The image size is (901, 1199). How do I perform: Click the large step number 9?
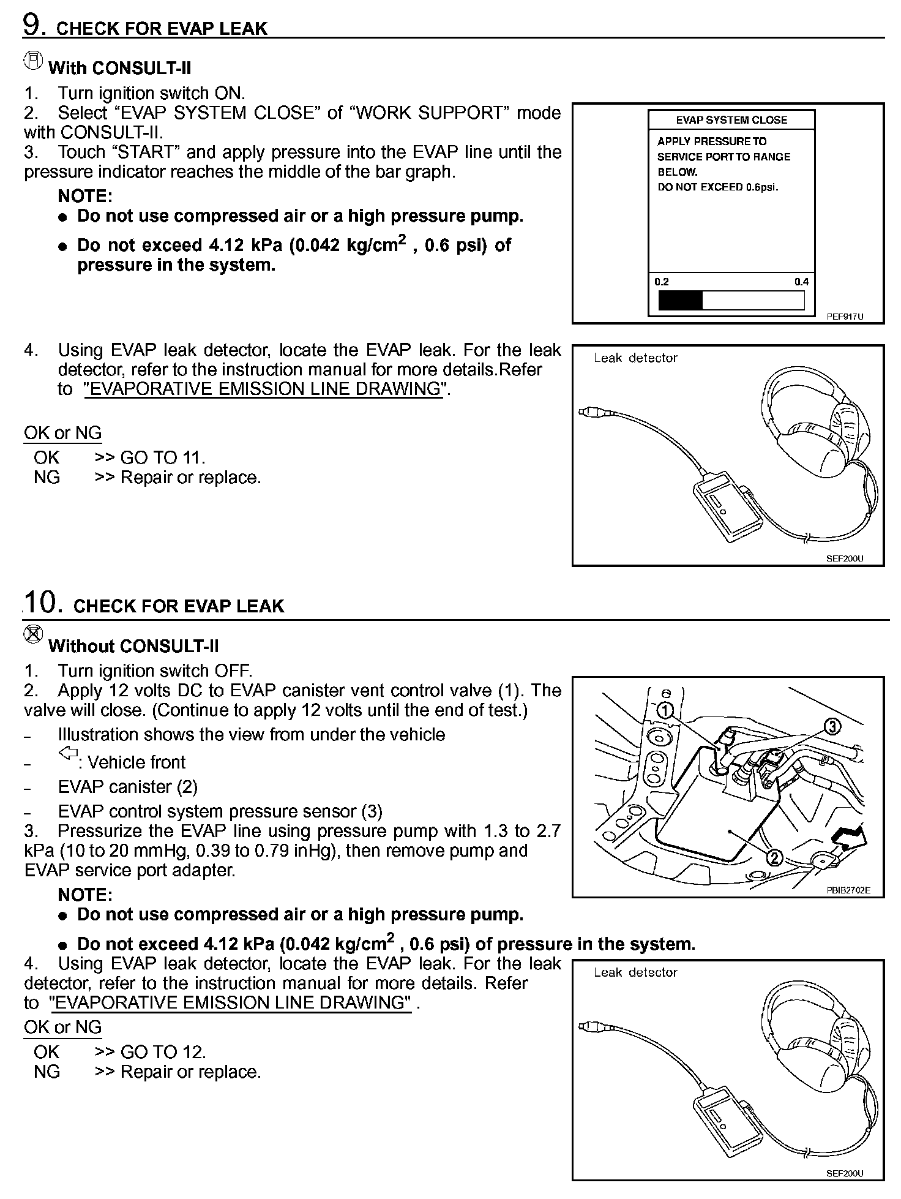click(x=32, y=25)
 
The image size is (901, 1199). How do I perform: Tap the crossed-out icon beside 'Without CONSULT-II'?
click(x=33, y=635)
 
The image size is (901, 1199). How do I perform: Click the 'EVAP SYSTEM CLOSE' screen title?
click(x=731, y=120)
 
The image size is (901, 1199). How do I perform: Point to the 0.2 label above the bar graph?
click(x=662, y=282)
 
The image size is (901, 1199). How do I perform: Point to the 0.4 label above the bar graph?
click(x=801, y=282)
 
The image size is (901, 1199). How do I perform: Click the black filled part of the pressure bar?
click(x=680, y=301)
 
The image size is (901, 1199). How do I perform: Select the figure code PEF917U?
click(x=845, y=317)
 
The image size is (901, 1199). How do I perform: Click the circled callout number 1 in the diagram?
click(x=665, y=711)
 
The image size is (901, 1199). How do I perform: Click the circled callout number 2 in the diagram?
click(x=774, y=857)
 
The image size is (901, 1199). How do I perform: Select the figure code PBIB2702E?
click(x=848, y=890)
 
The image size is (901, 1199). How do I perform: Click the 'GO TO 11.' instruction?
click(x=163, y=457)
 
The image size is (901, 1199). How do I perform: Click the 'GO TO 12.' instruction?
click(x=163, y=1051)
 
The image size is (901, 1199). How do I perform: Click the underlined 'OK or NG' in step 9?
click(x=62, y=433)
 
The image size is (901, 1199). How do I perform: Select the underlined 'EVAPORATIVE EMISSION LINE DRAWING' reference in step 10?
click(x=230, y=1002)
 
